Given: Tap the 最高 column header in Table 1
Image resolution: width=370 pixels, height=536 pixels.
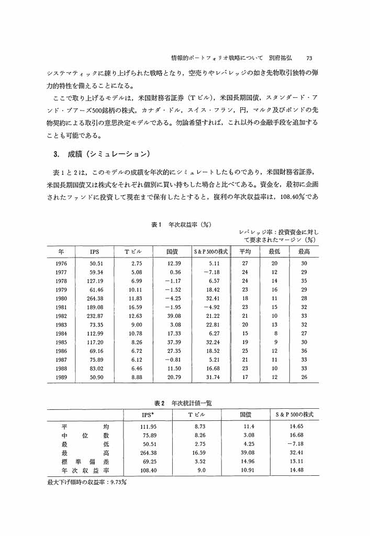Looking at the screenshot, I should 304,252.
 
